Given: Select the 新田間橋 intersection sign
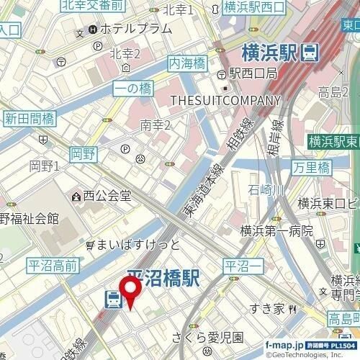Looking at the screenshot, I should pos(29,118).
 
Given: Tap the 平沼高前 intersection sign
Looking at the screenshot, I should pos(51,266).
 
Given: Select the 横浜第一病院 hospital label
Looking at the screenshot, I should pos(276,231).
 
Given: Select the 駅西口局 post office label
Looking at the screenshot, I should pos(252,73).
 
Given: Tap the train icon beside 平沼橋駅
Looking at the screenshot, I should pos(112,299).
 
